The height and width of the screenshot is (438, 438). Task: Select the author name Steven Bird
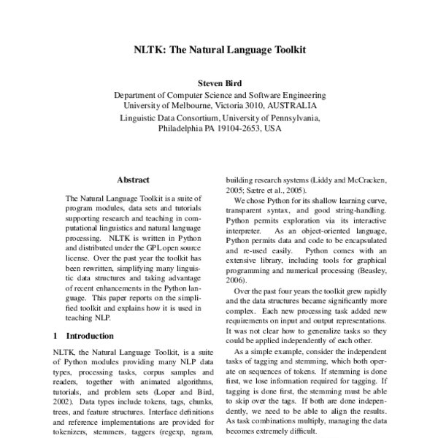click(x=219, y=84)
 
